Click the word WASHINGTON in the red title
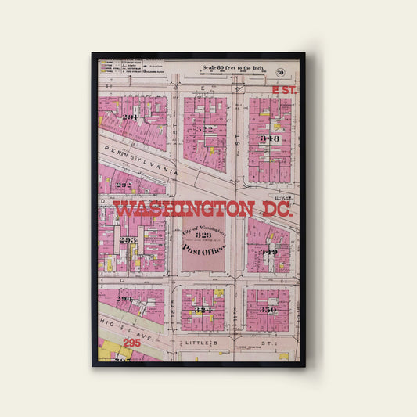click(183, 210)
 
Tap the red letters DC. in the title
click(275, 210)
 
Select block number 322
click(205, 129)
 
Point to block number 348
click(270, 138)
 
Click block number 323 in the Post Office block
click(203, 235)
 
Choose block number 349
click(268, 252)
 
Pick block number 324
click(203, 310)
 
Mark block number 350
click(268, 310)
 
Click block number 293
click(128, 239)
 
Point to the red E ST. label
click(285, 92)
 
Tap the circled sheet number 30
click(279, 73)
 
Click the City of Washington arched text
click(203, 225)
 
